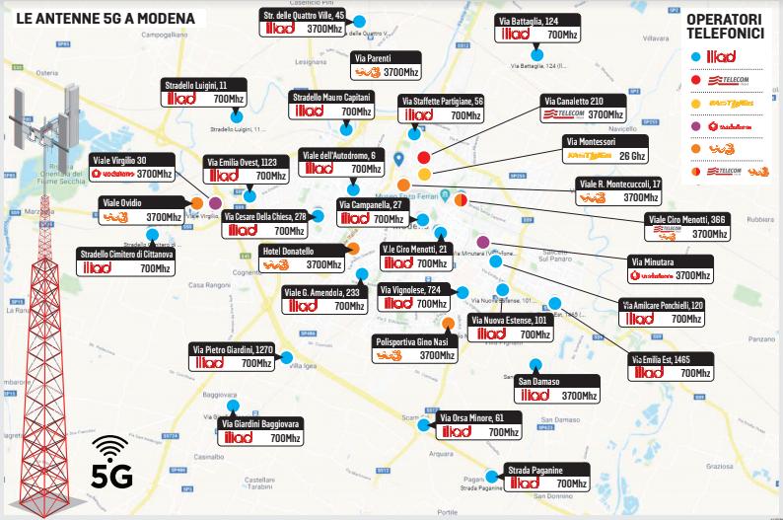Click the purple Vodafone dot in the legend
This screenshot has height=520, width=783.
(698, 126)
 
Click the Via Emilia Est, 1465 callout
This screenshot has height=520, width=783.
(671, 367)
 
